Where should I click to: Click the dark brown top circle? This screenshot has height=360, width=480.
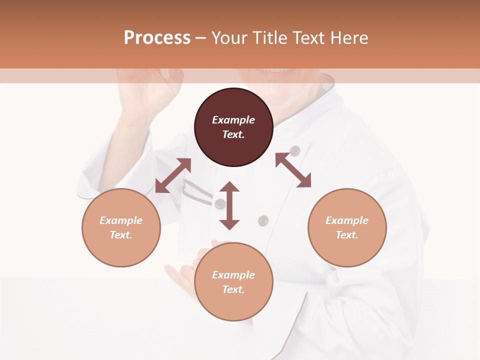coord(233,127)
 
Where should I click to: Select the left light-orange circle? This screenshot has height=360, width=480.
coord(121,227)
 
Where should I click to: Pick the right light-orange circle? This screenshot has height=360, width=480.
coord(347,227)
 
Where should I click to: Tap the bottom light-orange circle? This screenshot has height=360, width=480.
coord(233,281)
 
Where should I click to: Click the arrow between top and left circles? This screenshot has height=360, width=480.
coord(173,175)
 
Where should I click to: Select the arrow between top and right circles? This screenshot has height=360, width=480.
coord(293,170)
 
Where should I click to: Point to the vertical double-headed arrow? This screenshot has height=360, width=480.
coord(229,205)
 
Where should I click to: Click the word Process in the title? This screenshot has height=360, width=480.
coord(157,38)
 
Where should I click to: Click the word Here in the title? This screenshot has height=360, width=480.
coord(348,38)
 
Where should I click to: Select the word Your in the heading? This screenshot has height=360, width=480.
coord(229,38)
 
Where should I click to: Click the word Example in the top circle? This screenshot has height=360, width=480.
coord(233,120)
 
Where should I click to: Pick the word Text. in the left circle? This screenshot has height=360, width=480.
coord(121,235)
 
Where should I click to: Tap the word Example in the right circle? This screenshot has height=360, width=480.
coord(347,220)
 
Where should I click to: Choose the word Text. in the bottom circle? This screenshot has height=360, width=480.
coord(233,289)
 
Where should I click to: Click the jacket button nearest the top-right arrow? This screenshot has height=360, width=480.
coord(295,150)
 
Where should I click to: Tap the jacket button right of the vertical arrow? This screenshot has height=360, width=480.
coord(263,220)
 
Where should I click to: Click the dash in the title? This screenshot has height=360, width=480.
coord(200,38)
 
